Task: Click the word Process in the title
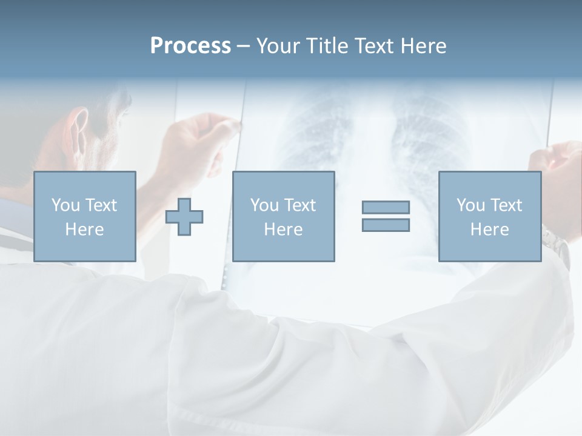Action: [x=190, y=45]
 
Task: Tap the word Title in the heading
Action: [x=327, y=45]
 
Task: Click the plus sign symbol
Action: [x=184, y=217]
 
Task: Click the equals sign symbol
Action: [x=386, y=216]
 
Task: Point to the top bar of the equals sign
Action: [x=386, y=207]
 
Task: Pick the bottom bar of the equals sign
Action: [x=386, y=225]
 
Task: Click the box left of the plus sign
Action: [x=84, y=216]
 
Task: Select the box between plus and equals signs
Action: [x=283, y=216]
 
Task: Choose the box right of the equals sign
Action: [x=489, y=216]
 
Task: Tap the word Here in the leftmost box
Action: [x=84, y=229]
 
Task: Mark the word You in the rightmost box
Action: [x=471, y=205]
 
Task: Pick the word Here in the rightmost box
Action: [x=489, y=229]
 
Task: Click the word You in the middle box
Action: [x=265, y=205]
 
